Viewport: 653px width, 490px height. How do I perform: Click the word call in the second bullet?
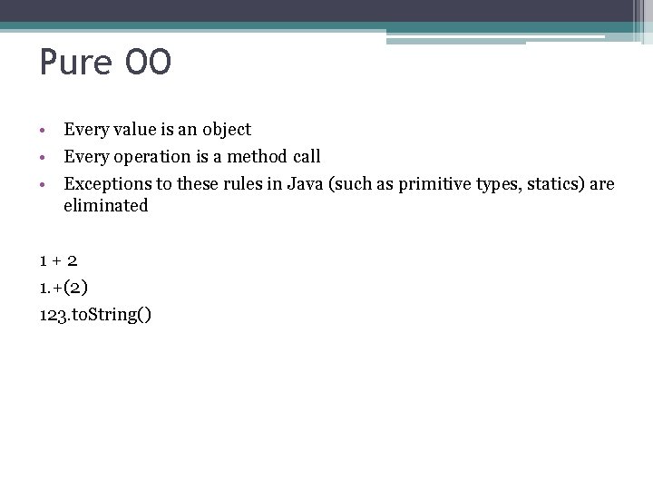306,157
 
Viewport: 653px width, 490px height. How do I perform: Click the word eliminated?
105,206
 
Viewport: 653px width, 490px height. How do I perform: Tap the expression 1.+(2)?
63,288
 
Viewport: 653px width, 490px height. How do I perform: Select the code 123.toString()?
95,315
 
